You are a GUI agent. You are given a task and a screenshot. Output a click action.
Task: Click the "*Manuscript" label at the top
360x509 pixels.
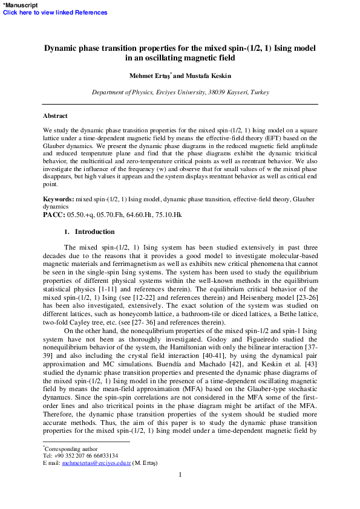click(19, 5)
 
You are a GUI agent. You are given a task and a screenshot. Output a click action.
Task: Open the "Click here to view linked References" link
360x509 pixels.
click(55, 12)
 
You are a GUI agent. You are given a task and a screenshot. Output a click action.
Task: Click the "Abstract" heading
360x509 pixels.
click(55, 115)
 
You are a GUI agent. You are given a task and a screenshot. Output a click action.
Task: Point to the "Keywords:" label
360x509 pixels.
click(58, 199)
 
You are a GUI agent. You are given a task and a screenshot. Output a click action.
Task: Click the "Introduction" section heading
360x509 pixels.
click(94, 232)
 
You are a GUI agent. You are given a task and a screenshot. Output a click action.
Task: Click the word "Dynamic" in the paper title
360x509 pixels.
click(65, 48)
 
